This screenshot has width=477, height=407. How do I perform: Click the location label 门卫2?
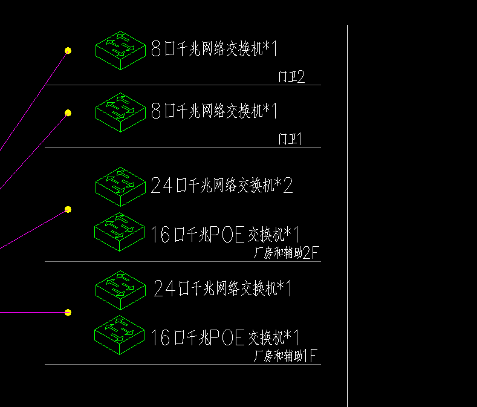[x=291, y=77]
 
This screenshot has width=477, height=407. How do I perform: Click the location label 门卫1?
[x=290, y=140]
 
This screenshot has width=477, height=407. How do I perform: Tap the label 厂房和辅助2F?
[x=286, y=253]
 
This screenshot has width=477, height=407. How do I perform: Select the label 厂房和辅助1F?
[x=285, y=356]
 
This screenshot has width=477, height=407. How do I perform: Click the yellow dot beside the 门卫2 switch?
[x=68, y=51]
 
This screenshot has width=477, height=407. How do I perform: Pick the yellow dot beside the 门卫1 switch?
[x=68, y=112]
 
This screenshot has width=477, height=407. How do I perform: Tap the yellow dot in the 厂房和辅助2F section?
[x=68, y=209]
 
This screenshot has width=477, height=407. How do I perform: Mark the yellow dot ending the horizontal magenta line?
[x=68, y=313]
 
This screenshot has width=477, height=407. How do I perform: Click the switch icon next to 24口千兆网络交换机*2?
[x=120, y=184]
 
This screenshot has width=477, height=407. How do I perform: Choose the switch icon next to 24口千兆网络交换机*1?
[x=120, y=287]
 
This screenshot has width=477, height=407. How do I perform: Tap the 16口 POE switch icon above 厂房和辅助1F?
[x=120, y=335]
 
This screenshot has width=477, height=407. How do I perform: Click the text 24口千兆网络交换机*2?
[x=222, y=185]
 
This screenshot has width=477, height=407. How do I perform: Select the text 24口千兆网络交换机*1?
[x=223, y=288]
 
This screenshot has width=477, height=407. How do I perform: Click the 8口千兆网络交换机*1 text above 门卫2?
[x=214, y=48]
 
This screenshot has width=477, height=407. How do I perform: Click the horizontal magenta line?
[x=30, y=313]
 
